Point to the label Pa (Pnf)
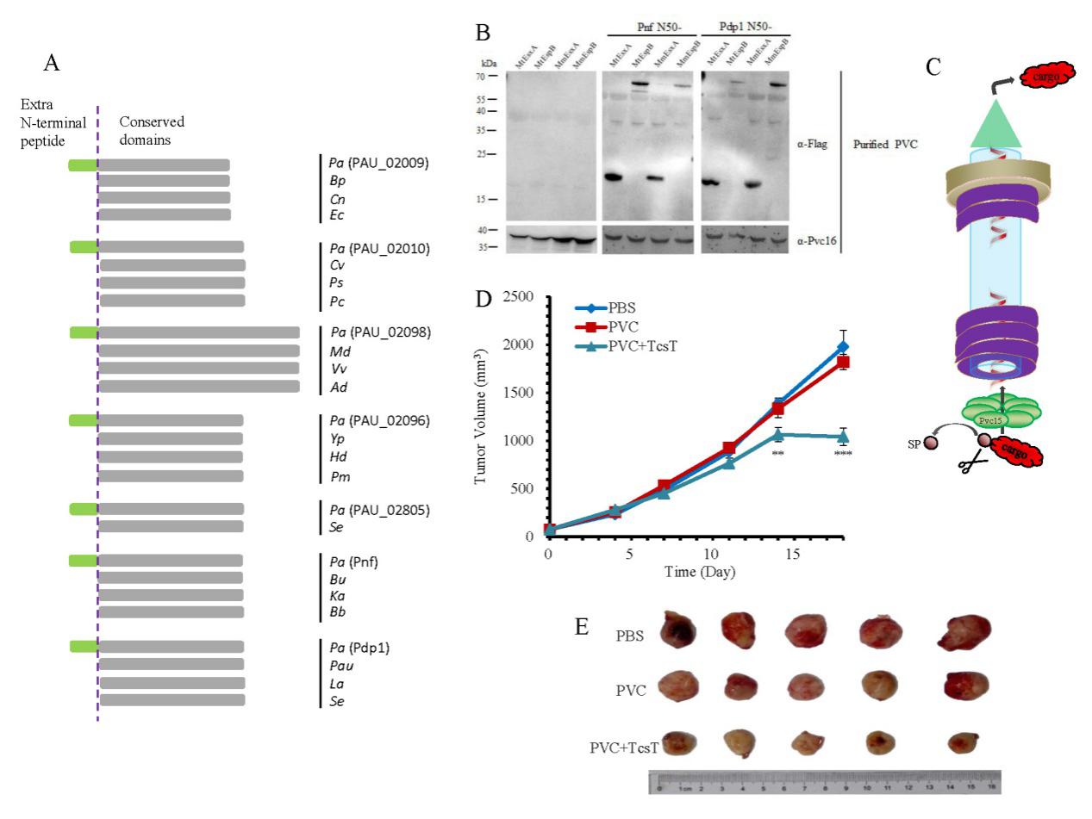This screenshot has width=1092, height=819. [355, 562]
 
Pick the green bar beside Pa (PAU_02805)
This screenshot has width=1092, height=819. [83, 509]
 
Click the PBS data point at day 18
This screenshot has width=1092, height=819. [842, 347]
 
